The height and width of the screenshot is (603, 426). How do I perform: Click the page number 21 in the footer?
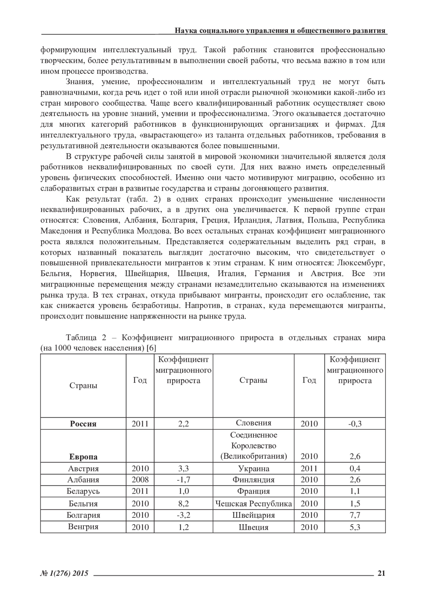tap(382, 573)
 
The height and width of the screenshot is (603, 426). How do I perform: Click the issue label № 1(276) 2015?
tap(64, 573)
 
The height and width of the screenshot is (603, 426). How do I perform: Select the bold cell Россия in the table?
tap(83, 424)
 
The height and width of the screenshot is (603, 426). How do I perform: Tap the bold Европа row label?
tap(83, 457)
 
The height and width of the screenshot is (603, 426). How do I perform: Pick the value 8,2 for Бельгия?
tap(183, 503)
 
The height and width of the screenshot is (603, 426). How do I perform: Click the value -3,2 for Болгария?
tap(183, 515)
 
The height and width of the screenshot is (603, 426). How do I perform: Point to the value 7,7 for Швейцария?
tap(355, 515)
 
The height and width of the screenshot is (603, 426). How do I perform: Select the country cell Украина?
tap(253, 468)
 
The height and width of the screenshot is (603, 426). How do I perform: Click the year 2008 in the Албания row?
tap(140, 480)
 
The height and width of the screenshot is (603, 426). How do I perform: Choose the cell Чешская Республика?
tap(253, 503)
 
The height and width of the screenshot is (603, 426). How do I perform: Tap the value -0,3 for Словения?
tap(355, 424)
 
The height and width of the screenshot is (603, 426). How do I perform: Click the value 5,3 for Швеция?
tap(355, 527)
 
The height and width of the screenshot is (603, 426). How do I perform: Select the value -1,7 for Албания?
tap(183, 480)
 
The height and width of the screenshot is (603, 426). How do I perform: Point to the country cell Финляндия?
tap(253, 480)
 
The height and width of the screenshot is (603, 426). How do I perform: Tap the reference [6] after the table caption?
tap(151, 348)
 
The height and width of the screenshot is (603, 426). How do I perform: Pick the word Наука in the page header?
tap(184, 31)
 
